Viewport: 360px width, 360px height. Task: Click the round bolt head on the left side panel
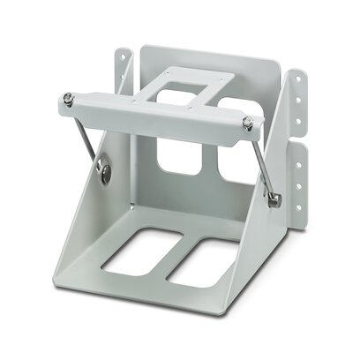105,173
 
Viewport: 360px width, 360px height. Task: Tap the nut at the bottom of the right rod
275,200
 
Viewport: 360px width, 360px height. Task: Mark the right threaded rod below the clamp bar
264,168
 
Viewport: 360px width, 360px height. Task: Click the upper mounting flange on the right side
298,105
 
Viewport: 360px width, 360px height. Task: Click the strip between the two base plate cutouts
170,261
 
